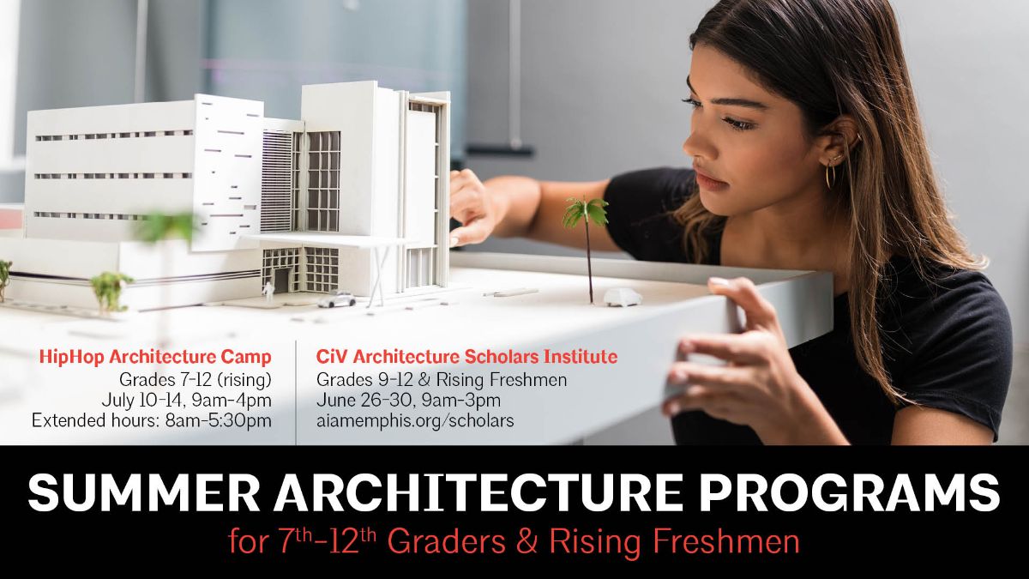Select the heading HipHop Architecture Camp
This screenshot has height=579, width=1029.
click(x=155, y=356)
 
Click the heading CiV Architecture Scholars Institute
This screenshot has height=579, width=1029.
click(x=466, y=356)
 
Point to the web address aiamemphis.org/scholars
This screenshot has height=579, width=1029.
click(x=415, y=421)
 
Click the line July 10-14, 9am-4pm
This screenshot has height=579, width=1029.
click(x=187, y=400)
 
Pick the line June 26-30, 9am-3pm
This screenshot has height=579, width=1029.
click(x=408, y=400)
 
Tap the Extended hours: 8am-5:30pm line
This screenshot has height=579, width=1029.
click(x=152, y=421)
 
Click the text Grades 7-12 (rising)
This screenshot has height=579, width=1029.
click(x=193, y=378)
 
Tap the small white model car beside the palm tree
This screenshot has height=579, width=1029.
click(x=622, y=298)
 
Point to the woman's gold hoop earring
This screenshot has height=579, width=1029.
click(x=829, y=175)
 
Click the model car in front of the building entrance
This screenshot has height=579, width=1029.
click(x=336, y=299)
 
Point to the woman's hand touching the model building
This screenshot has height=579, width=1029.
click(x=470, y=206)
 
